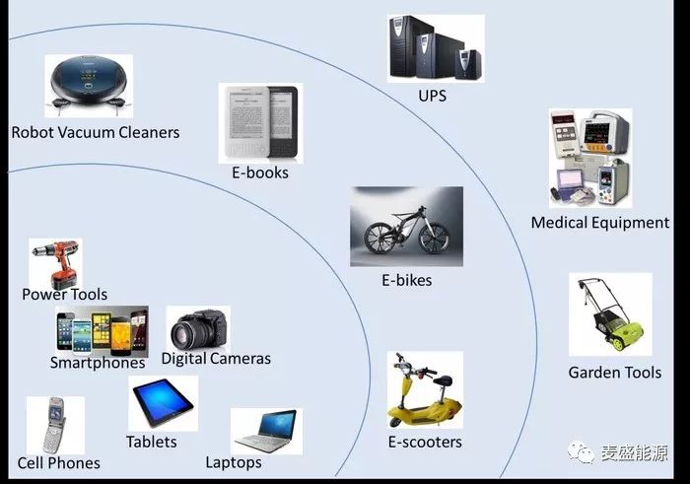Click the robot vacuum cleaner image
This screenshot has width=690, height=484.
tap(89, 85)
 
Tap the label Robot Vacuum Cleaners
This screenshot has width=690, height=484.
tap(96, 132)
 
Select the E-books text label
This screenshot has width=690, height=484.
tap(260, 173)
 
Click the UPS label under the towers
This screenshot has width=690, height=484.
tap(432, 96)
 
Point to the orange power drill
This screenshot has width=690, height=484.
tap(56, 263)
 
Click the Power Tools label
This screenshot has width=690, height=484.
tap(65, 295)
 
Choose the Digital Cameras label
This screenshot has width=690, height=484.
tap(216, 359)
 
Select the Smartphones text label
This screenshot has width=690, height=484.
tap(98, 363)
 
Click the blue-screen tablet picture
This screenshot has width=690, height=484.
tap(163, 402)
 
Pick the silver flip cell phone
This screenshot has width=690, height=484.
tap(55, 425)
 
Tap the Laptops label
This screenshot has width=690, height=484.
tap(234, 462)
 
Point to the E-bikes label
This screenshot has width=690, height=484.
tap(406, 280)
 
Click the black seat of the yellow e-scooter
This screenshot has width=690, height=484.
tap(443, 380)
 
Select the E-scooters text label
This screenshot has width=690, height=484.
tap(425, 442)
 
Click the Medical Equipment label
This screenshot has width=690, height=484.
tap(600, 223)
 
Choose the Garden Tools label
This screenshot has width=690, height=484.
tap(615, 373)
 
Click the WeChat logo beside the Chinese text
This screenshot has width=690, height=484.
tap(581, 451)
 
